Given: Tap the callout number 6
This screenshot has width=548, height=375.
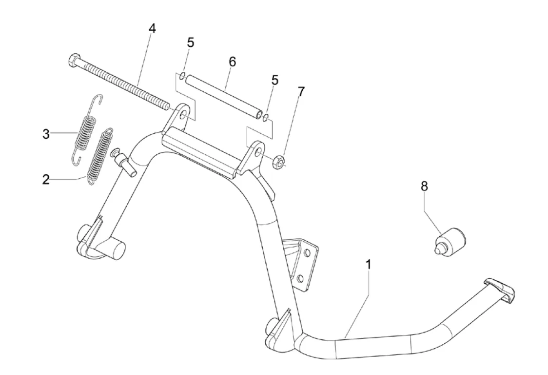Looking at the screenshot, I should click(x=232, y=62).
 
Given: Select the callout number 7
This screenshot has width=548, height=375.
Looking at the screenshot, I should click(x=301, y=91).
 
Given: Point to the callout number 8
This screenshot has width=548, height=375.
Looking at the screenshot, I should click(x=424, y=186).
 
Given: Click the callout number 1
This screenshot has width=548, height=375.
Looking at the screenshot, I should click(x=369, y=265).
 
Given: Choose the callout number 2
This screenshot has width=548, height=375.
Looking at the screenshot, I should click(x=46, y=179).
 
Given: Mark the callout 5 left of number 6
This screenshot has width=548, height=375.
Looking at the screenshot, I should click(x=190, y=43).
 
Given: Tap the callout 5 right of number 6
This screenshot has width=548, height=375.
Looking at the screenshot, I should click(x=275, y=81).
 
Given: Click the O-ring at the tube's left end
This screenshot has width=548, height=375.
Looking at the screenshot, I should click(x=181, y=76).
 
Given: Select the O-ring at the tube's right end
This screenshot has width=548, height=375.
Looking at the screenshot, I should click(x=266, y=117).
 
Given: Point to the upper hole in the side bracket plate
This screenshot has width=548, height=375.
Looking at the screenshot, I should click(x=307, y=253).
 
